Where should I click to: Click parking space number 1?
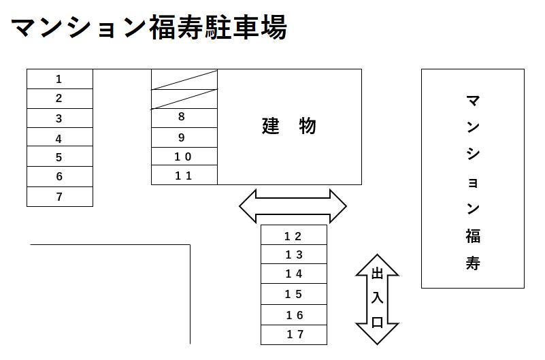pos(59,79)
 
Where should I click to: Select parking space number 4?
pos(59,138)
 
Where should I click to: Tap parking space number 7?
pos(59,197)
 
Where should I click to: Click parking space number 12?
pos(293,236)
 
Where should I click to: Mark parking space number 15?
pos(293,294)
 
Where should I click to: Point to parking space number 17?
pos(293,335)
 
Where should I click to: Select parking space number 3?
pos(59,118)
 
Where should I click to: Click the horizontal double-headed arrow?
pos(293,206)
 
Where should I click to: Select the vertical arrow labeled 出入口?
pos(378,299)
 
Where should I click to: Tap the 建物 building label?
pos(289,127)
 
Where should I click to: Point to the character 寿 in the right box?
pos(473,263)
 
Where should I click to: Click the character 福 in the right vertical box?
pos(473,236)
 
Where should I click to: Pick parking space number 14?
pos(293,274)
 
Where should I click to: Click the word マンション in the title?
pos(78,28)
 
